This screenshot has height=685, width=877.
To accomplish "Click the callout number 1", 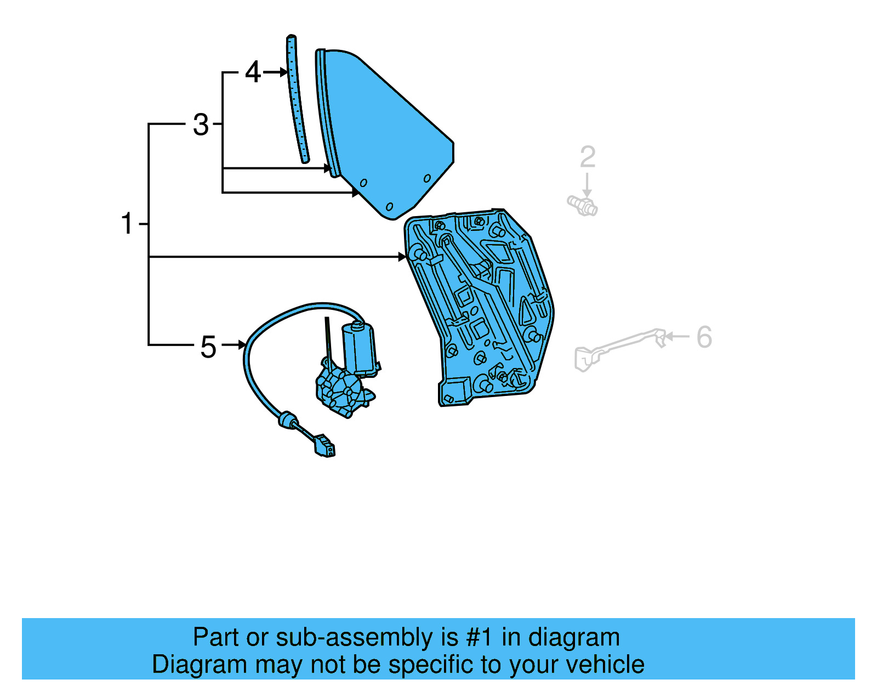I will coord(127,224).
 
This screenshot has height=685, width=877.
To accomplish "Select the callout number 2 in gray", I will coord(588,157).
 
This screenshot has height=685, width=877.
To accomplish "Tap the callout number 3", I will coord(201,125).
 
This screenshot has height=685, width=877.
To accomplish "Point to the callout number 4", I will coord(253,72).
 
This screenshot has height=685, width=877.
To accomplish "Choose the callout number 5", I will coord(208,347).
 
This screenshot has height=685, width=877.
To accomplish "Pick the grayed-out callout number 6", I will coord(704,337).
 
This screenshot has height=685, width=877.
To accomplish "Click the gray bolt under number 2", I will coord(582,206).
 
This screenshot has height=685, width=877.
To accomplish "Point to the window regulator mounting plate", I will coord(482,307).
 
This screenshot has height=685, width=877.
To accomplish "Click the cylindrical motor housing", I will coord(358,347).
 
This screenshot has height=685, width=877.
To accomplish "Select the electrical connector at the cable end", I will coord(324,446).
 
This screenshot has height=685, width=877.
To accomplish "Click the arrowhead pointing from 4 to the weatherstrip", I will coord(283,72).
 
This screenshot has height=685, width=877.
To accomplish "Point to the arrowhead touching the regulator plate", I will coord(403,257).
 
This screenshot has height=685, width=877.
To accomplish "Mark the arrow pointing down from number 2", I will coord(587,186).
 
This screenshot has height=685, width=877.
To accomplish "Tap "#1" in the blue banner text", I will coord(480,638).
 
